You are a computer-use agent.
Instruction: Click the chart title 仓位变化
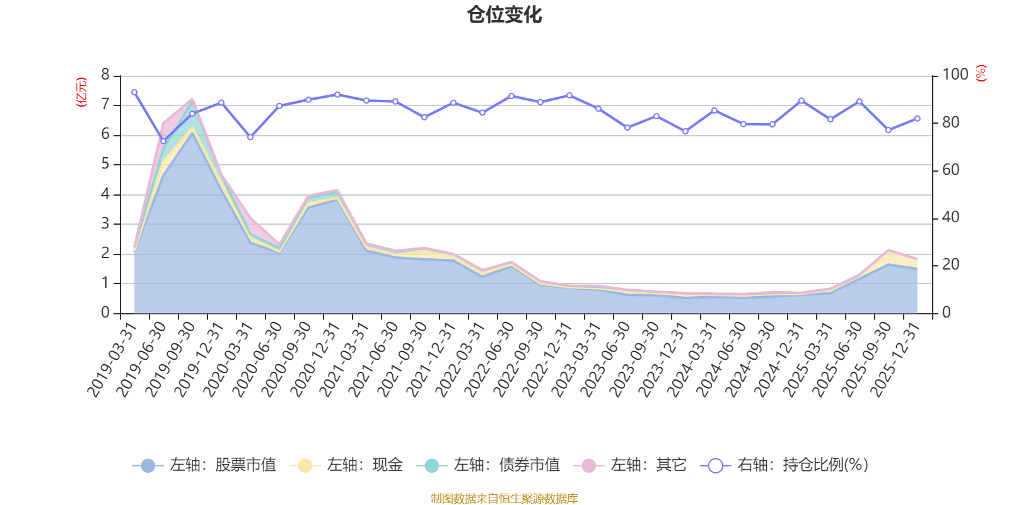[x=504, y=15]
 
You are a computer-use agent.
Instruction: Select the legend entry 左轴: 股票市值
[x=204, y=465]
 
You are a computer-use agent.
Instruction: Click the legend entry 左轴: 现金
[x=346, y=465]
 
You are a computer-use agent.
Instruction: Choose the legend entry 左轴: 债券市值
[x=488, y=465]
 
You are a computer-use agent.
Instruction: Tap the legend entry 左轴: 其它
[x=630, y=465]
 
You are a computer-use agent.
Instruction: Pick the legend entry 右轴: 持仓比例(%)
[x=784, y=465]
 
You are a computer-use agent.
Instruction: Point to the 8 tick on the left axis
[x=105, y=75]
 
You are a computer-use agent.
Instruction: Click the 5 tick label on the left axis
[x=105, y=164]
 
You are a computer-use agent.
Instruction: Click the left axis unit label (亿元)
[x=81, y=92]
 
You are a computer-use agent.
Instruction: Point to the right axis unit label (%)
[x=981, y=73]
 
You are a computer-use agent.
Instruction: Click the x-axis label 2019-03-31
[x=112, y=360]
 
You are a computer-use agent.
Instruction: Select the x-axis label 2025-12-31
[x=895, y=360]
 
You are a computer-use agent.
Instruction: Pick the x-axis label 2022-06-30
[x=489, y=360]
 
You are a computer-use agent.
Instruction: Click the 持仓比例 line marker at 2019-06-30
[x=163, y=141]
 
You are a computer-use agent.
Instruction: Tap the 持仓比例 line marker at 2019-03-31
[x=134, y=92]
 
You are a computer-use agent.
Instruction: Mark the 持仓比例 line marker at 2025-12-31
[x=918, y=119]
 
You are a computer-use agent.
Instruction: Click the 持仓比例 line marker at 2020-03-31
[x=250, y=137]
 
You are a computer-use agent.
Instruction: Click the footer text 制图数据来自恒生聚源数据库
[x=504, y=498]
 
